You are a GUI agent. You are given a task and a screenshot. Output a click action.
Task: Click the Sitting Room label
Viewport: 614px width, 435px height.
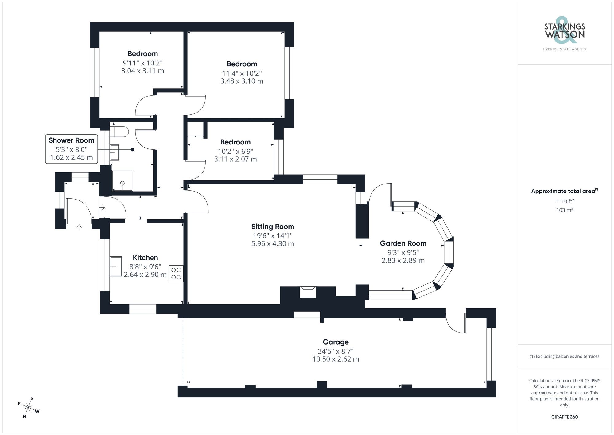[273, 227]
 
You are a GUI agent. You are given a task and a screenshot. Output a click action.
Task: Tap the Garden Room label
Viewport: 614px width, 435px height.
[403, 243]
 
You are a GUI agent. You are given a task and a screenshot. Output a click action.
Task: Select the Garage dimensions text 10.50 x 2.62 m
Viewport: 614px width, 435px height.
[336, 359]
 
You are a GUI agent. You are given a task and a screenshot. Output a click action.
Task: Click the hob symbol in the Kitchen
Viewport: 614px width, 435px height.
[176, 274]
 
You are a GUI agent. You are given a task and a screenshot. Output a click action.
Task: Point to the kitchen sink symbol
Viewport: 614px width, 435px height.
[116, 267]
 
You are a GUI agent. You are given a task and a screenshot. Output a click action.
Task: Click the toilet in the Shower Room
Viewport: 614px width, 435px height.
[119, 132]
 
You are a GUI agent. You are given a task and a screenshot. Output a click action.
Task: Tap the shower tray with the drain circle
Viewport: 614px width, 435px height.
[122, 180]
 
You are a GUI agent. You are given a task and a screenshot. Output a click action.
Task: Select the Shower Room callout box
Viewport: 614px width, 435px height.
[72, 149]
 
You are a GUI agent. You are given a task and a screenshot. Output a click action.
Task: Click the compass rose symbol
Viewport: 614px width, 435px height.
[28, 408]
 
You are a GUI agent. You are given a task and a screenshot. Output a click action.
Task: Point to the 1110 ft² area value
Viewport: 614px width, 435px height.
[564, 201]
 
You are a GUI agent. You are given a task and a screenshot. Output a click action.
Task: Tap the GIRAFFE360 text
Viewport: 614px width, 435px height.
[564, 417]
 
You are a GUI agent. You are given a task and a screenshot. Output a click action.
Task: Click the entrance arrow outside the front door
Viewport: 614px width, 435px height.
[79, 227]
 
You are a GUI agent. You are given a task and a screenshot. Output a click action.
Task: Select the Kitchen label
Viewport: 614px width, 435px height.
[145, 258]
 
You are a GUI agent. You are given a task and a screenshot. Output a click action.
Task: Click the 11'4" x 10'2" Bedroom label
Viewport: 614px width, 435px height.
[242, 64]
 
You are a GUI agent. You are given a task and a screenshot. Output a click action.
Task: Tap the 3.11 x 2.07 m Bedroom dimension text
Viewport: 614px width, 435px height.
[235, 159]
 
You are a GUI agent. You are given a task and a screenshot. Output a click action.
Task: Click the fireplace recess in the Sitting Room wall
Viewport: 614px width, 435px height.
[308, 292]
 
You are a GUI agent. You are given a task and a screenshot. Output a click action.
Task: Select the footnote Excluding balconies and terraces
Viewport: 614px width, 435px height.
[564, 356]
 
